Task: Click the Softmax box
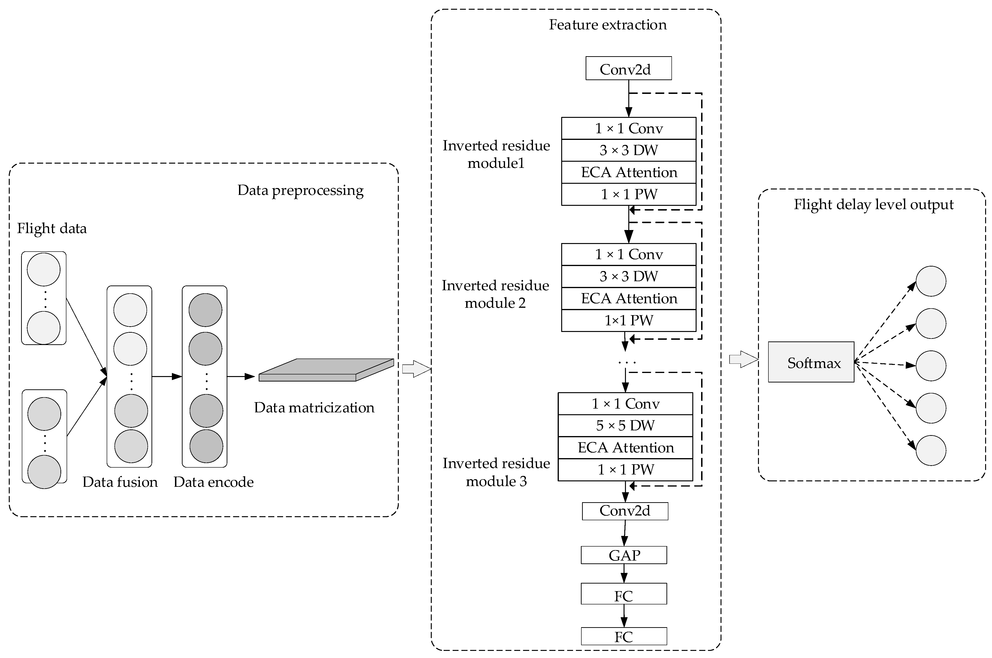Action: (810, 362)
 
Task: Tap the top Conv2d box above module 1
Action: (628, 68)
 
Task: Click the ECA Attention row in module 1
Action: (628, 172)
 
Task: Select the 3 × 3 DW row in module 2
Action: (628, 276)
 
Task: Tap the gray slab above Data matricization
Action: (326, 370)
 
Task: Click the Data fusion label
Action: (120, 482)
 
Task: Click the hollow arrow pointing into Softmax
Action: (743, 359)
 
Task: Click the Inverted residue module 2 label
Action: (495, 294)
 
